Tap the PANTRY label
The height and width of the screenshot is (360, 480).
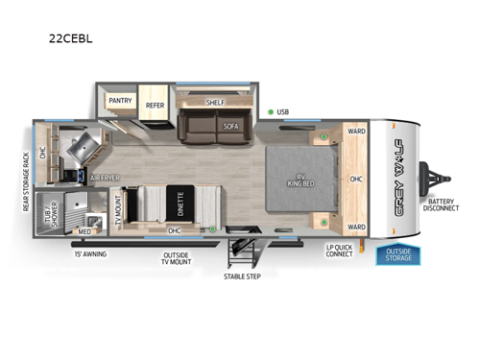click(x=120, y=100)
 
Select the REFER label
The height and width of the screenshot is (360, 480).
click(x=155, y=106)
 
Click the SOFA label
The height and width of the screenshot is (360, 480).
click(x=230, y=126)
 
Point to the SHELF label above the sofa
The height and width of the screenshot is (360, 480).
click(x=215, y=102)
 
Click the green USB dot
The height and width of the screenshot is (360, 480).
click(x=271, y=112)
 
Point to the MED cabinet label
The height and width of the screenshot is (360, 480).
click(x=85, y=231)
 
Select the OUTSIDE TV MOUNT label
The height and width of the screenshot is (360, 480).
click(x=179, y=259)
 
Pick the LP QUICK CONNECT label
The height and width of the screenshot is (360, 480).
click(x=340, y=251)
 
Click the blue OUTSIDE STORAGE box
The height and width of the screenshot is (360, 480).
click(x=398, y=254)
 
